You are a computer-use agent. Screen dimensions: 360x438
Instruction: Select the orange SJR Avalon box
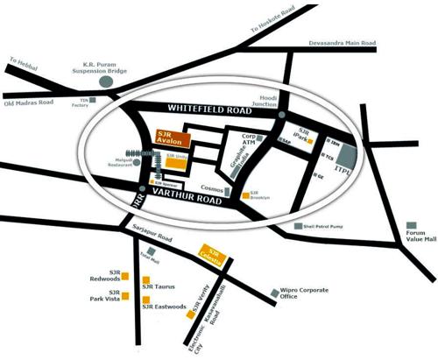168,138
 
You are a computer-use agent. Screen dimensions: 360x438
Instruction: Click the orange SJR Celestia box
215,253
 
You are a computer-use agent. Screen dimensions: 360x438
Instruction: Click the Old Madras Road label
30,103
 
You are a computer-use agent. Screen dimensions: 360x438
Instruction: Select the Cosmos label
212,187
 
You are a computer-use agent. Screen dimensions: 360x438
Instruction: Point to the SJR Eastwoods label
167,307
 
